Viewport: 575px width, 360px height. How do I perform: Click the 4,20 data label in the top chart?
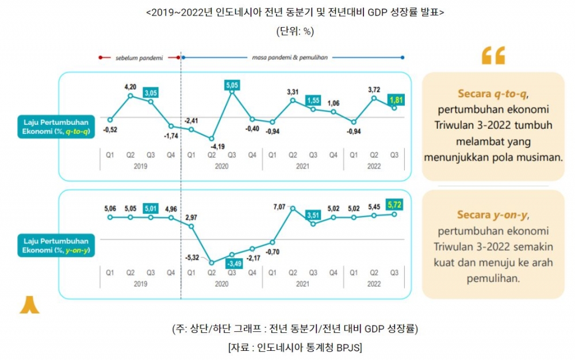(x=131, y=87)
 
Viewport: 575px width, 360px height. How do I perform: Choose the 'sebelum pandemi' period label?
(x=139, y=58)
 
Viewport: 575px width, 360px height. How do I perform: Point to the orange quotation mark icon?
(x=493, y=55)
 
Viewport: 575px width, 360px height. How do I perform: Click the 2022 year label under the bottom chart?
(x=374, y=284)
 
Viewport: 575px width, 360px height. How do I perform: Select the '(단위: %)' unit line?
(x=295, y=31)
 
